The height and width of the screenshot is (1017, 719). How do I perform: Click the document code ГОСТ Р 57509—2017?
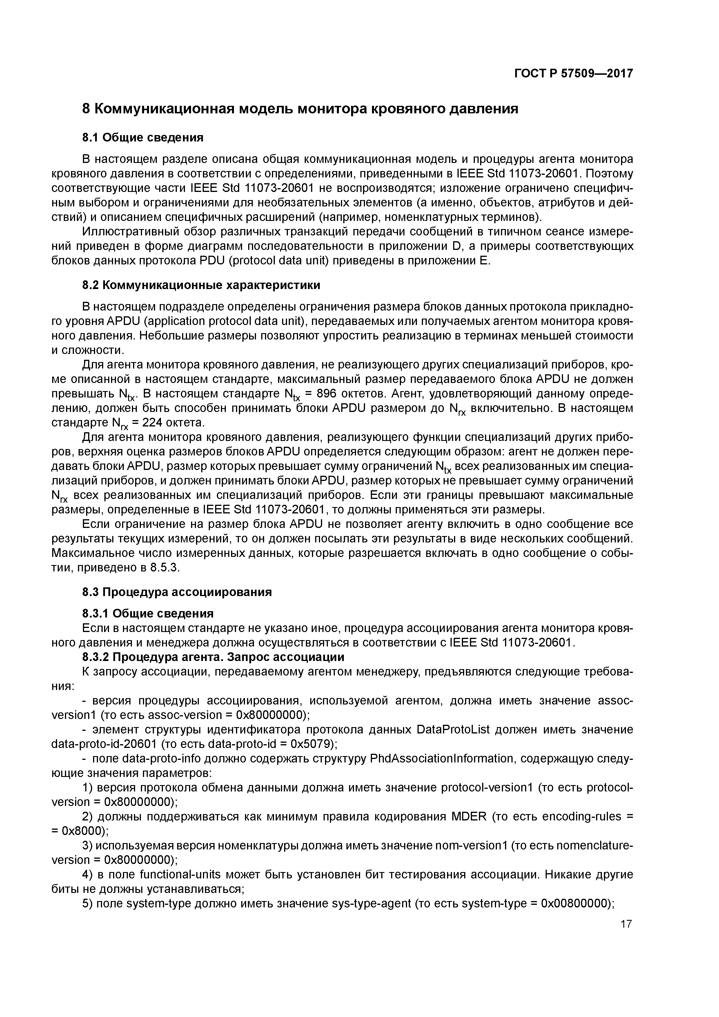click(573, 74)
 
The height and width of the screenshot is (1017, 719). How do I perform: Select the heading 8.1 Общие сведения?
click(143, 138)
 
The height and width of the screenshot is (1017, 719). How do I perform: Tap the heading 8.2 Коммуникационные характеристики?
click(201, 285)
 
